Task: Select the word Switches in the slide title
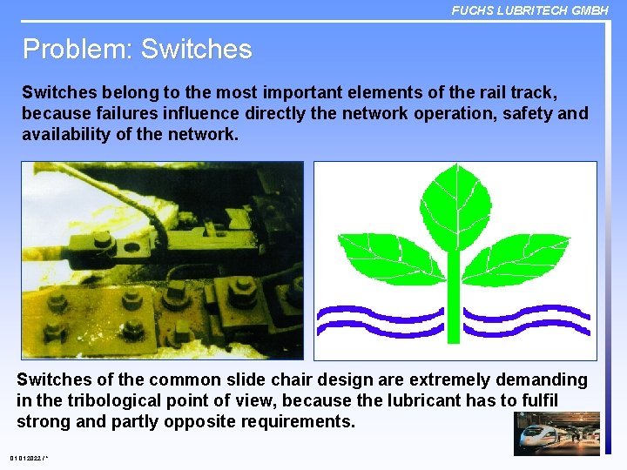click(196, 49)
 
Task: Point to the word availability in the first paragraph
click(65, 134)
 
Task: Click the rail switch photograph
click(162, 260)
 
